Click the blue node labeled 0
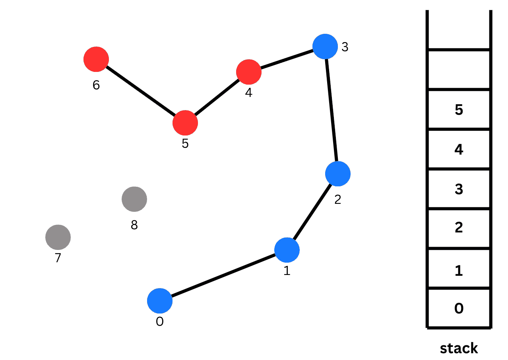click(x=160, y=301)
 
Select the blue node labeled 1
click(x=287, y=250)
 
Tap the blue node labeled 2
click(x=337, y=174)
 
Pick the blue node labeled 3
click(x=325, y=47)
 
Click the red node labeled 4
click(x=249, y=72)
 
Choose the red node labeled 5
click(x=185, y=123)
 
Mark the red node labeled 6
click(x=96, y=59)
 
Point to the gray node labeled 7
click(x=58, y=237)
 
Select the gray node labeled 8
click(x=134, y=199)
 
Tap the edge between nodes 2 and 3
click(x=332, y=110)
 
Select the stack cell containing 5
click(x=459, y=110)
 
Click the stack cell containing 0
click(x=459, y=308)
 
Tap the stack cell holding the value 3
click(x=459, y=189)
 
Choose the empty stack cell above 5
click(x=459, y=70)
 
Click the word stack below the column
click(x=459, y=348)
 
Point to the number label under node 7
click(x=58, y=258)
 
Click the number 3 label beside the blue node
click(x=345, y=47)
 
